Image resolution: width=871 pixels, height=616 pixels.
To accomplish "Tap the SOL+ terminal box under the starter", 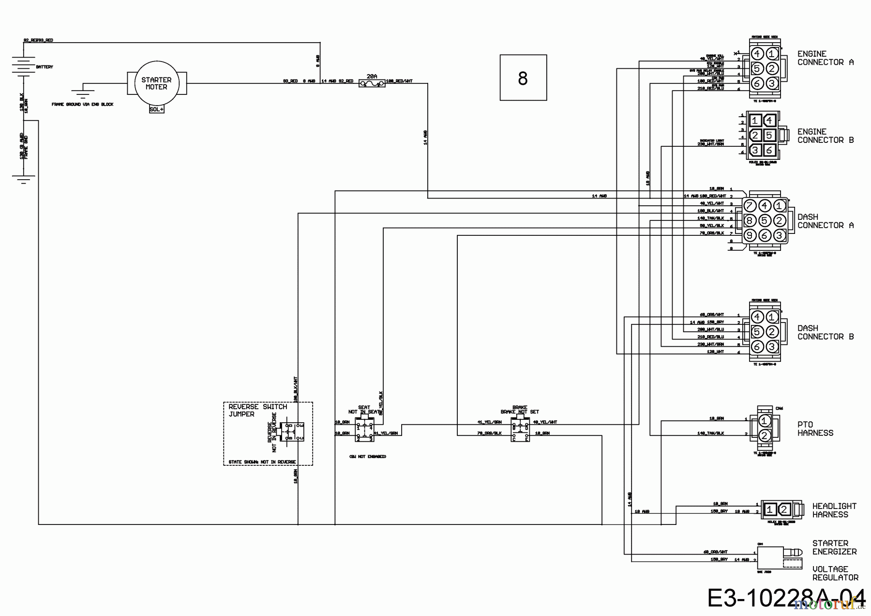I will tap(156, 109).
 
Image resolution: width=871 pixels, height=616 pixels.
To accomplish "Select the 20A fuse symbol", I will tap(372, 84).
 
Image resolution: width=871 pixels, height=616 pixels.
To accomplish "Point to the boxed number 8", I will tap(523, 77).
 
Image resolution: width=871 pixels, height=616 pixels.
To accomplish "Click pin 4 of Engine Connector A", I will tap(757, 53).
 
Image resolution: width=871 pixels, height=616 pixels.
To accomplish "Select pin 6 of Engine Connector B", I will tap(769, 150).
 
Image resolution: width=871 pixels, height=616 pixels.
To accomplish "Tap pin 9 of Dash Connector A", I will tap(750, 235).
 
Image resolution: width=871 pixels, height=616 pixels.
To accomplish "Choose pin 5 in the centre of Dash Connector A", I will tap(765, 221).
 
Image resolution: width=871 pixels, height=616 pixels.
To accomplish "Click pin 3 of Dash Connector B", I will tap(772, 346).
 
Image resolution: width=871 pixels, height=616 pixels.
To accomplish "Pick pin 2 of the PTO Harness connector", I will tap(765, 435).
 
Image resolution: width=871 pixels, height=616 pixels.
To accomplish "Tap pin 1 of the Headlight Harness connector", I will tap(769, 509).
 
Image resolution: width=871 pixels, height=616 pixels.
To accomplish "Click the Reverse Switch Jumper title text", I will tap(257, 410).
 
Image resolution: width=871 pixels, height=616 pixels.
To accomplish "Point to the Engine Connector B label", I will tap(826, 136).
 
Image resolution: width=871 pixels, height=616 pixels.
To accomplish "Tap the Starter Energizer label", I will tap(834, 547).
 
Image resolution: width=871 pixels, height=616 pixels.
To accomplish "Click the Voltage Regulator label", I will tap(835, 573).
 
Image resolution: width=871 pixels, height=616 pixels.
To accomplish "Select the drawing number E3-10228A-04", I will tap(786, 599).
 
